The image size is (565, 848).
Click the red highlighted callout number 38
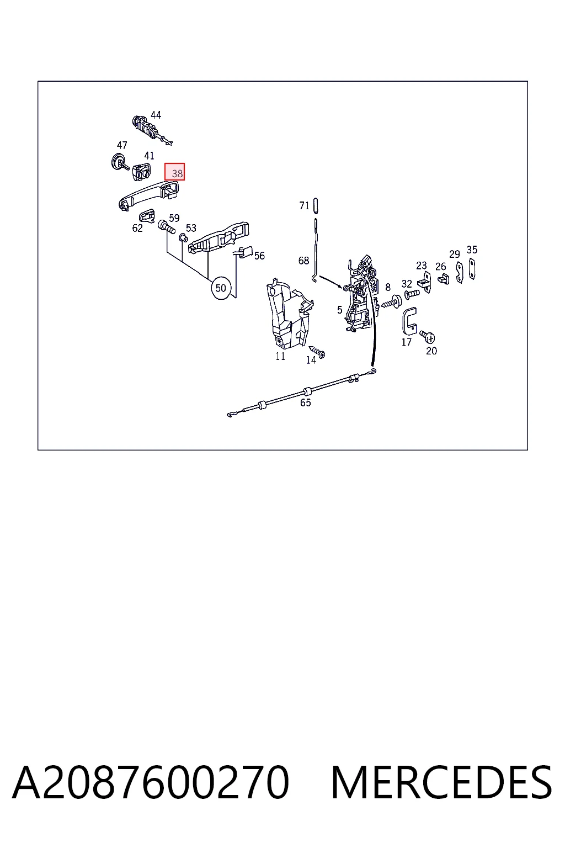[174, 172]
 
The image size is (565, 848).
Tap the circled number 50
[221, 288]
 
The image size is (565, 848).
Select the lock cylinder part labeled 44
[151, 130]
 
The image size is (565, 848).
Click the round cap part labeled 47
[119, 162]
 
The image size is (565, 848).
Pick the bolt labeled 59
[167, 227]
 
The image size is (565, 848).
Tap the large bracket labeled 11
[289, 312]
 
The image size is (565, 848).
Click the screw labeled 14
[317, 352]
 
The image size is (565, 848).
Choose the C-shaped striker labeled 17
[409, 321]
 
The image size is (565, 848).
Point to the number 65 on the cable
[305, 403]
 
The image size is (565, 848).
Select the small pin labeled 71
[316, 206]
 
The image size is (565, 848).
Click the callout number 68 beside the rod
[303, 261]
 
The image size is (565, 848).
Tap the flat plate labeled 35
[472, 269]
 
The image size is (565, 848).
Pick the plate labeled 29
[460, 273]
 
